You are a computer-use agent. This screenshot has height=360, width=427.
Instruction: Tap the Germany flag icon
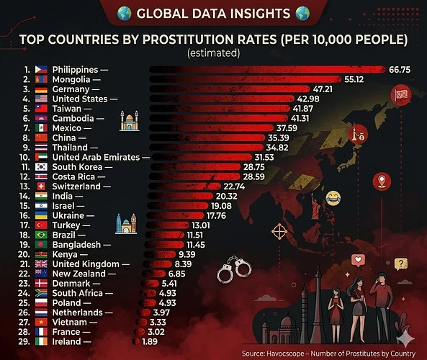pyautogui.click(x=40, y=89)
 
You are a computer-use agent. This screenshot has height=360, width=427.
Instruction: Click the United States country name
pyautogui.click(x=80, y=99)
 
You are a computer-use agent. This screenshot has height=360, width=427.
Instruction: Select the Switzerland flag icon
pyautogui.click(x=40, y=186)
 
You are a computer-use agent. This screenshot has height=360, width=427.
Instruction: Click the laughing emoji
pyautogui.click(x=333, y=197)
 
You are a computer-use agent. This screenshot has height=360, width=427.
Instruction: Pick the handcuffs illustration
pyautogui.click(x=234, y=269)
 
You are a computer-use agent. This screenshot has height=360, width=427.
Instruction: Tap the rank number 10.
pyautogui.click(x=24, y=157)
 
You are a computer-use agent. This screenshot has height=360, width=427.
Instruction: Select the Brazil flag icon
pyautogui.click(x=40, y=235)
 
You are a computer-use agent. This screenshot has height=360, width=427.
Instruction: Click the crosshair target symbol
pyautogui.click(x=279, y=232)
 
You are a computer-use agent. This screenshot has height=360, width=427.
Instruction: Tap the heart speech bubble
pyautogui.click(x=355, y=260)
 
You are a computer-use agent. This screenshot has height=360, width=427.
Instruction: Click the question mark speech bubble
pyautogui.click(x=400, y=264)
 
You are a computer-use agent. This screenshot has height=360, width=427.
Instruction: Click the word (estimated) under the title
pyautogui.click(x=213, y=53)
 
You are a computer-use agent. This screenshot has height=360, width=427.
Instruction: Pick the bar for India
pyautogui.click(x=179, y=196)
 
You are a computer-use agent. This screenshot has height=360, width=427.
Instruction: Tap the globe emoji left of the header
pyautogui.click(x=124, y=13)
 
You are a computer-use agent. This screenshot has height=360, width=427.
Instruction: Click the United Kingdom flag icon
pyautogui.click(x=40, y=264)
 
